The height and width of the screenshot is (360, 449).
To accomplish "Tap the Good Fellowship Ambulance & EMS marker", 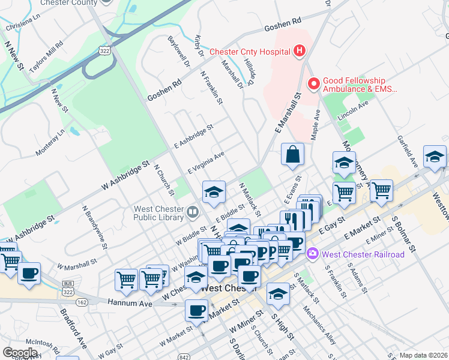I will click(x=313, y=84).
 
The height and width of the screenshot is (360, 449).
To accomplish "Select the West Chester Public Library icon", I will click(x=192, y=211).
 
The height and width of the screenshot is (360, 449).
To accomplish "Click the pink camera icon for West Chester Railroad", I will click(x=312, y=254).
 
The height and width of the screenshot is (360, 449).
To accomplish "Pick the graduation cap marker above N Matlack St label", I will click(x=214, y=192).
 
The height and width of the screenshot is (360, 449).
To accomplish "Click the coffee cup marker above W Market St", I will click(x=196, y=310).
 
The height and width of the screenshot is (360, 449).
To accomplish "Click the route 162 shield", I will click(x=82, y=301).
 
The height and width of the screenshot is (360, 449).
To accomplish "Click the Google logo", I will click(x=20, y=352).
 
